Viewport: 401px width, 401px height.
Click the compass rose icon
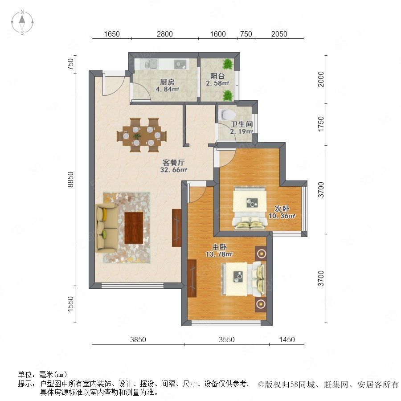[22, 22]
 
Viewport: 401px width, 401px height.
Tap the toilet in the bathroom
[225, 115]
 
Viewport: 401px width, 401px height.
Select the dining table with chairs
[142, 135]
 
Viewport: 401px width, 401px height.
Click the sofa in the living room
[106, 228]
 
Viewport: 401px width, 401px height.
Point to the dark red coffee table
[134, 228]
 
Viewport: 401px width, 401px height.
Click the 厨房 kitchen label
[167, 82]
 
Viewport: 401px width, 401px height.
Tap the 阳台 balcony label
[217, 76]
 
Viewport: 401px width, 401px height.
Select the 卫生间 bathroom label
[241, 124]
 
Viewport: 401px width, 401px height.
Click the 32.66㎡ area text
[174, 170]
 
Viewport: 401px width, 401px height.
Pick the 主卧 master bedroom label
[219, 247]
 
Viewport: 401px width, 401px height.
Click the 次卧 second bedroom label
[282, 209]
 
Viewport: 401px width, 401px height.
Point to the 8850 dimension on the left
[70, 180]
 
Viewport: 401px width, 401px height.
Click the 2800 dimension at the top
[165, 34]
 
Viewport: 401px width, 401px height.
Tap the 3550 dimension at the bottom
[227, 340]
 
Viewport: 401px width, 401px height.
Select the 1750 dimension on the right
[321, 124]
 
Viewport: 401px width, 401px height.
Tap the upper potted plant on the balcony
[227, 64]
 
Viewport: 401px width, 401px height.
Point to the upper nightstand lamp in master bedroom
[261, 254]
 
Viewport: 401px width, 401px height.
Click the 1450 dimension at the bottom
[287, 340]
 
